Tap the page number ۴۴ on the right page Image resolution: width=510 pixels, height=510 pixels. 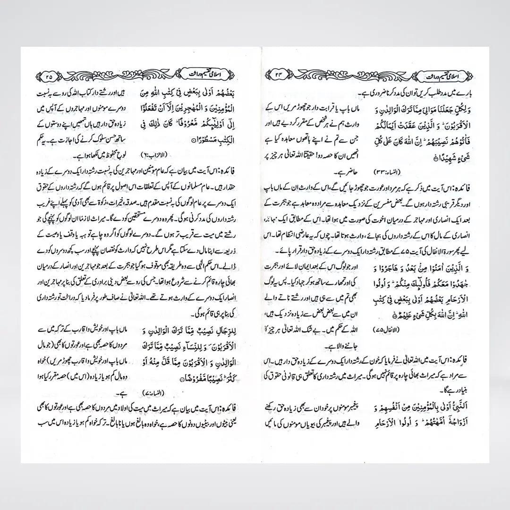click(280, 75)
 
